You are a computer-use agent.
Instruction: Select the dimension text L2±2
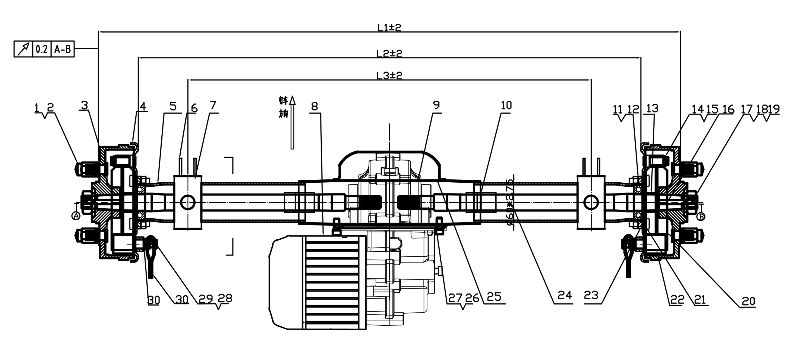(x=389, y=54)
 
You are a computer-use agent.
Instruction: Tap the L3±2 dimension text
(x=389, y=76)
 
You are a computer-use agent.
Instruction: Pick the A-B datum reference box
(x=62, y=49)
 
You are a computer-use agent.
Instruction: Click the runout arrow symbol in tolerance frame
(x=23, y=49)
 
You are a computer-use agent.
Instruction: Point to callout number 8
(x=314, y=107)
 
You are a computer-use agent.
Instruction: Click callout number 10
(x=506, y=106)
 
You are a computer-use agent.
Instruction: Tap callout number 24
(x=565, y=296)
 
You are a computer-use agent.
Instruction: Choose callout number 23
(x=591, y=296)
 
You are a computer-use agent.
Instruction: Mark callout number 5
(x=173, y=107)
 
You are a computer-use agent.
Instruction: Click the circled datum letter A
(x=76, y=216)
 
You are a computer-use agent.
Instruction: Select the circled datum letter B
(x=701, y=217)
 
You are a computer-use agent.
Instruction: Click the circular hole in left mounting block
(x=188, y=203)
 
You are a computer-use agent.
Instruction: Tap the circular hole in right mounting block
(x=591, y=203)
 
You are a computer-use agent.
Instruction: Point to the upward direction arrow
(x=292, y=123)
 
